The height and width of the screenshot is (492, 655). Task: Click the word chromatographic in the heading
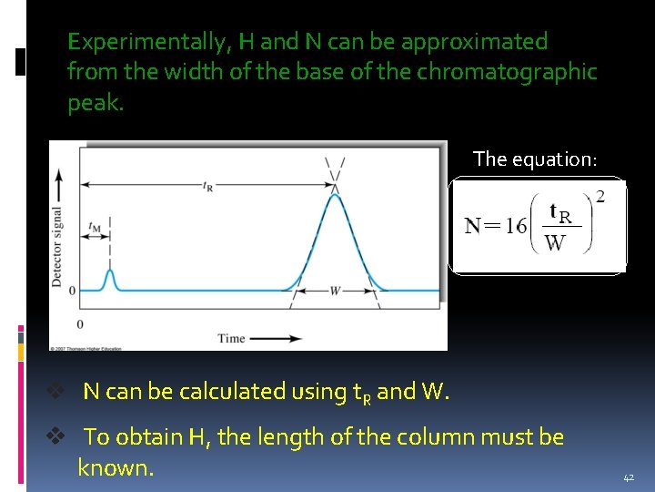coord(507,72)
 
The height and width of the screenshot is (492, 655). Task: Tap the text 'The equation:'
coord(535,159)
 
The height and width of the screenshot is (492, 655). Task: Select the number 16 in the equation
coord(517,225)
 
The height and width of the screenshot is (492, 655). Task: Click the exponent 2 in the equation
coord(599,196)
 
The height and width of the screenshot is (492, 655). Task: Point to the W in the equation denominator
coord(554,243)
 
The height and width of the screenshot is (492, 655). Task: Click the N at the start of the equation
coord(474,226)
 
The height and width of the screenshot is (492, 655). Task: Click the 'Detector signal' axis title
coord(57,247)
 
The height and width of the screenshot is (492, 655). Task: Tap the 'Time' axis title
coord(231,339)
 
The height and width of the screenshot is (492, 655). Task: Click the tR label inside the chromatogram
coord(208,186)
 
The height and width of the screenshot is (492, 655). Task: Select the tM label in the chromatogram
coord(96,227)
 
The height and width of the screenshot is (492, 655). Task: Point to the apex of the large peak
coord(335,193)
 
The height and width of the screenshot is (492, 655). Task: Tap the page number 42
coord(629,477)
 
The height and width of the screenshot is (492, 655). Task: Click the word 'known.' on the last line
coord(116,468)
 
